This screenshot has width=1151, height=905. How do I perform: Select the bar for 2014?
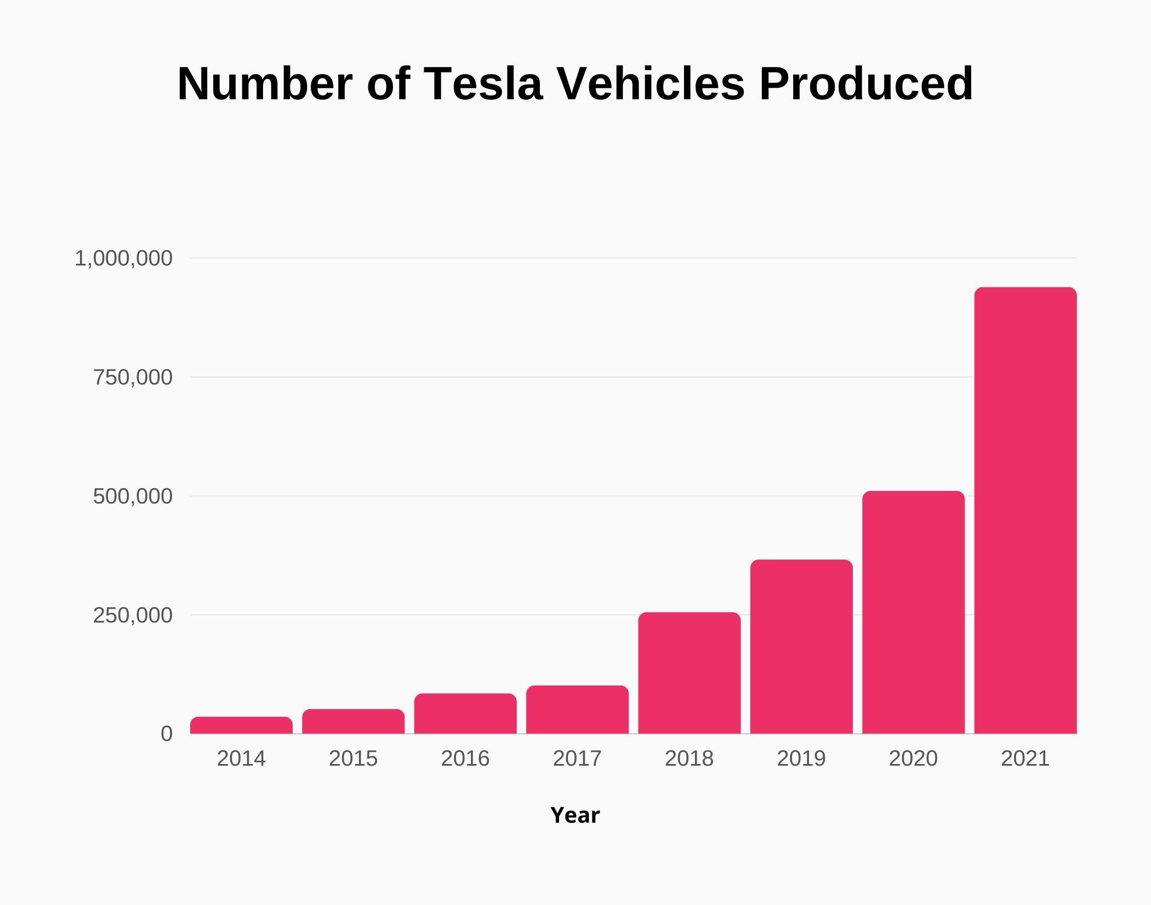(241, 725)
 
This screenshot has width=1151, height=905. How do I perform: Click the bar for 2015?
(354, 721)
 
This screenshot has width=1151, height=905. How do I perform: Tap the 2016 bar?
(465, 714)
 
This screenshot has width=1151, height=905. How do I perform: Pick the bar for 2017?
(577, 710)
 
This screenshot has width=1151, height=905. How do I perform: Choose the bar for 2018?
(690, 673)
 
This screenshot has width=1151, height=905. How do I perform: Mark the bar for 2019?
(801, 647)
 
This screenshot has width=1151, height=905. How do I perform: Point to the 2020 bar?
(913, 612)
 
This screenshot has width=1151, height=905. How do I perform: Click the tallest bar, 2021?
(1025, 510)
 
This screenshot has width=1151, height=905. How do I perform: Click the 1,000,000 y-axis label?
(123, 258)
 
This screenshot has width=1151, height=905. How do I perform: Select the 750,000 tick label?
(133, 377)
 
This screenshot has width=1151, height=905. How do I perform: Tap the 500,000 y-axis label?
(133, 496)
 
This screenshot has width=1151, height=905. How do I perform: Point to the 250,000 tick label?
(133, 615)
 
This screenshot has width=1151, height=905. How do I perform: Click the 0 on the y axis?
(166, 734)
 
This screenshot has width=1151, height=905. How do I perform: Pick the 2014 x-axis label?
(241, 759)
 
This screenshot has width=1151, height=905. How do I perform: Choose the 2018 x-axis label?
(689, 759)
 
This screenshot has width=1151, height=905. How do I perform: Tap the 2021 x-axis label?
(1025, 759)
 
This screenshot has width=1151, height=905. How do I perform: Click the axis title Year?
(575, 816)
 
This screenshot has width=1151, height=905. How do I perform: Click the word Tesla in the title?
(483, 84)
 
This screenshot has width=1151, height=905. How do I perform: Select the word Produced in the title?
(866, 84)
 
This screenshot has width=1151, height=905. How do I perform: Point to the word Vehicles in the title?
(651, 84)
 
